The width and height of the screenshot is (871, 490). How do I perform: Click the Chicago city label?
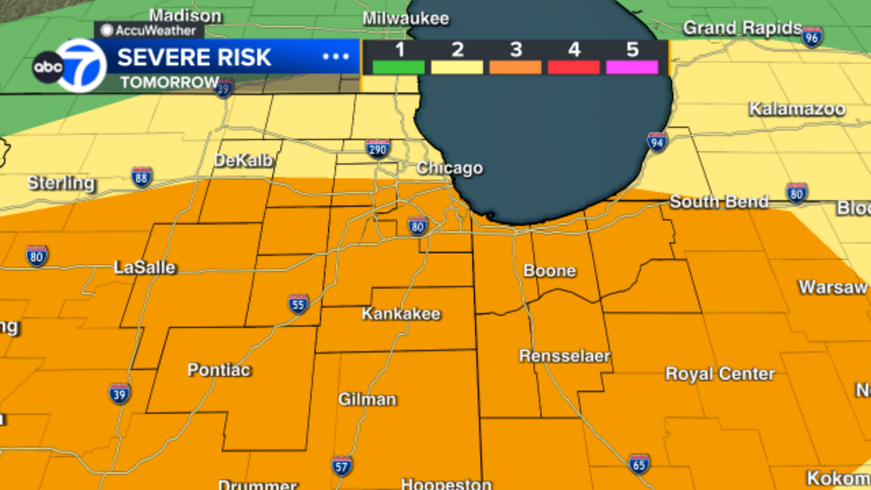pos(450,168)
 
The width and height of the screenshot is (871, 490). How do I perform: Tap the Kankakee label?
pos(401,314)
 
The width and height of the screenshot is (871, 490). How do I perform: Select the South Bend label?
pos(719,201)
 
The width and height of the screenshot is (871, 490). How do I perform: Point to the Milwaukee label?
pos(406,19)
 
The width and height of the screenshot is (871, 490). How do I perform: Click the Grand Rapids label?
pos(743,27)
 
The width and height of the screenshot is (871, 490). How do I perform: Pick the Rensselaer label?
pos(565,356)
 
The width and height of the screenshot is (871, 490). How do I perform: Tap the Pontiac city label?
pos(219,370)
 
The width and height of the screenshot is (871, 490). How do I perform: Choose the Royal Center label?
pos(720,373)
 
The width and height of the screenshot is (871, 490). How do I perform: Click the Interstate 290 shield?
pos(378,149)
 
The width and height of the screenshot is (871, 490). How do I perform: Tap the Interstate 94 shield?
pos(657,142)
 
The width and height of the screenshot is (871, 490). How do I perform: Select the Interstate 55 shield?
pos(298,304)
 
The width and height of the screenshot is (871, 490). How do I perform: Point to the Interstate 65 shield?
pos(639,464)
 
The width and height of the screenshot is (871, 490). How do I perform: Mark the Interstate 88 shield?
pos(142,177)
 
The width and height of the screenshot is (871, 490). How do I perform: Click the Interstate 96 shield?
pos(812,36)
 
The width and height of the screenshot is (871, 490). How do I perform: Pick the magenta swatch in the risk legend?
pos(632,68)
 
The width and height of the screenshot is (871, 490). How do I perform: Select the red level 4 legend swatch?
pos(574,68)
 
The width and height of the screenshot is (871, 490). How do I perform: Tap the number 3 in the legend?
pos(516,50)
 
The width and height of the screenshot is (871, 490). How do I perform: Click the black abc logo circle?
pos(48,67)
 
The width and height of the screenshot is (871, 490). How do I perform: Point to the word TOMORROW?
pos(169,82)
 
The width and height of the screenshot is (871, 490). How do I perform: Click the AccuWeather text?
pos(155,30)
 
